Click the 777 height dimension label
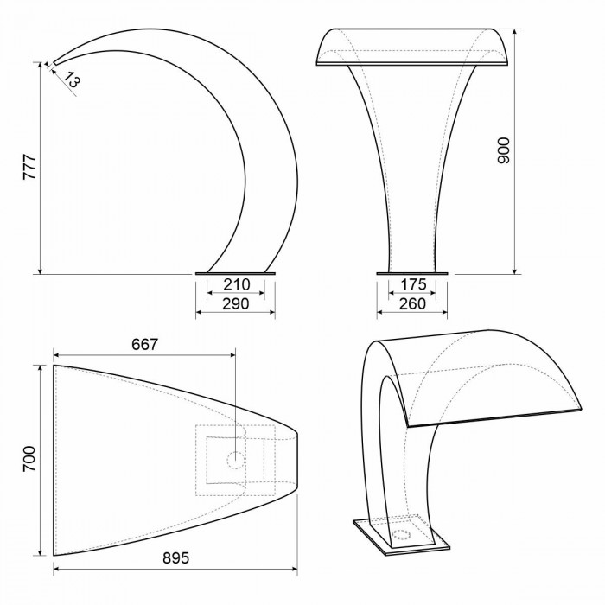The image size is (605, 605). pyautogui.click(x=29, y=167)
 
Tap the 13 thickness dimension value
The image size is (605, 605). pyautogui.click(x=72, y=80)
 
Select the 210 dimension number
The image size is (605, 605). pyautogui.click(x=237, y=284)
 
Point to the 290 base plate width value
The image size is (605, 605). pyautogui.click(x=236, y=304)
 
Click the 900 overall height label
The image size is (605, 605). pyautogui.click(x=504, y=150)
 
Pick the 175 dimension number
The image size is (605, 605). pyautogui.click(x=413, y=284)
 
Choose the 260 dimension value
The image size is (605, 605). pyautogui.click(x=412, y=304)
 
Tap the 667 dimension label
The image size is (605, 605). pyautogui.click(x=144, y=345)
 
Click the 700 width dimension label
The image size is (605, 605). pyautogui.click(x=29, y=459)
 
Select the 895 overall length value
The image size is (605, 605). pyautogui.click(x=176, y=558)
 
